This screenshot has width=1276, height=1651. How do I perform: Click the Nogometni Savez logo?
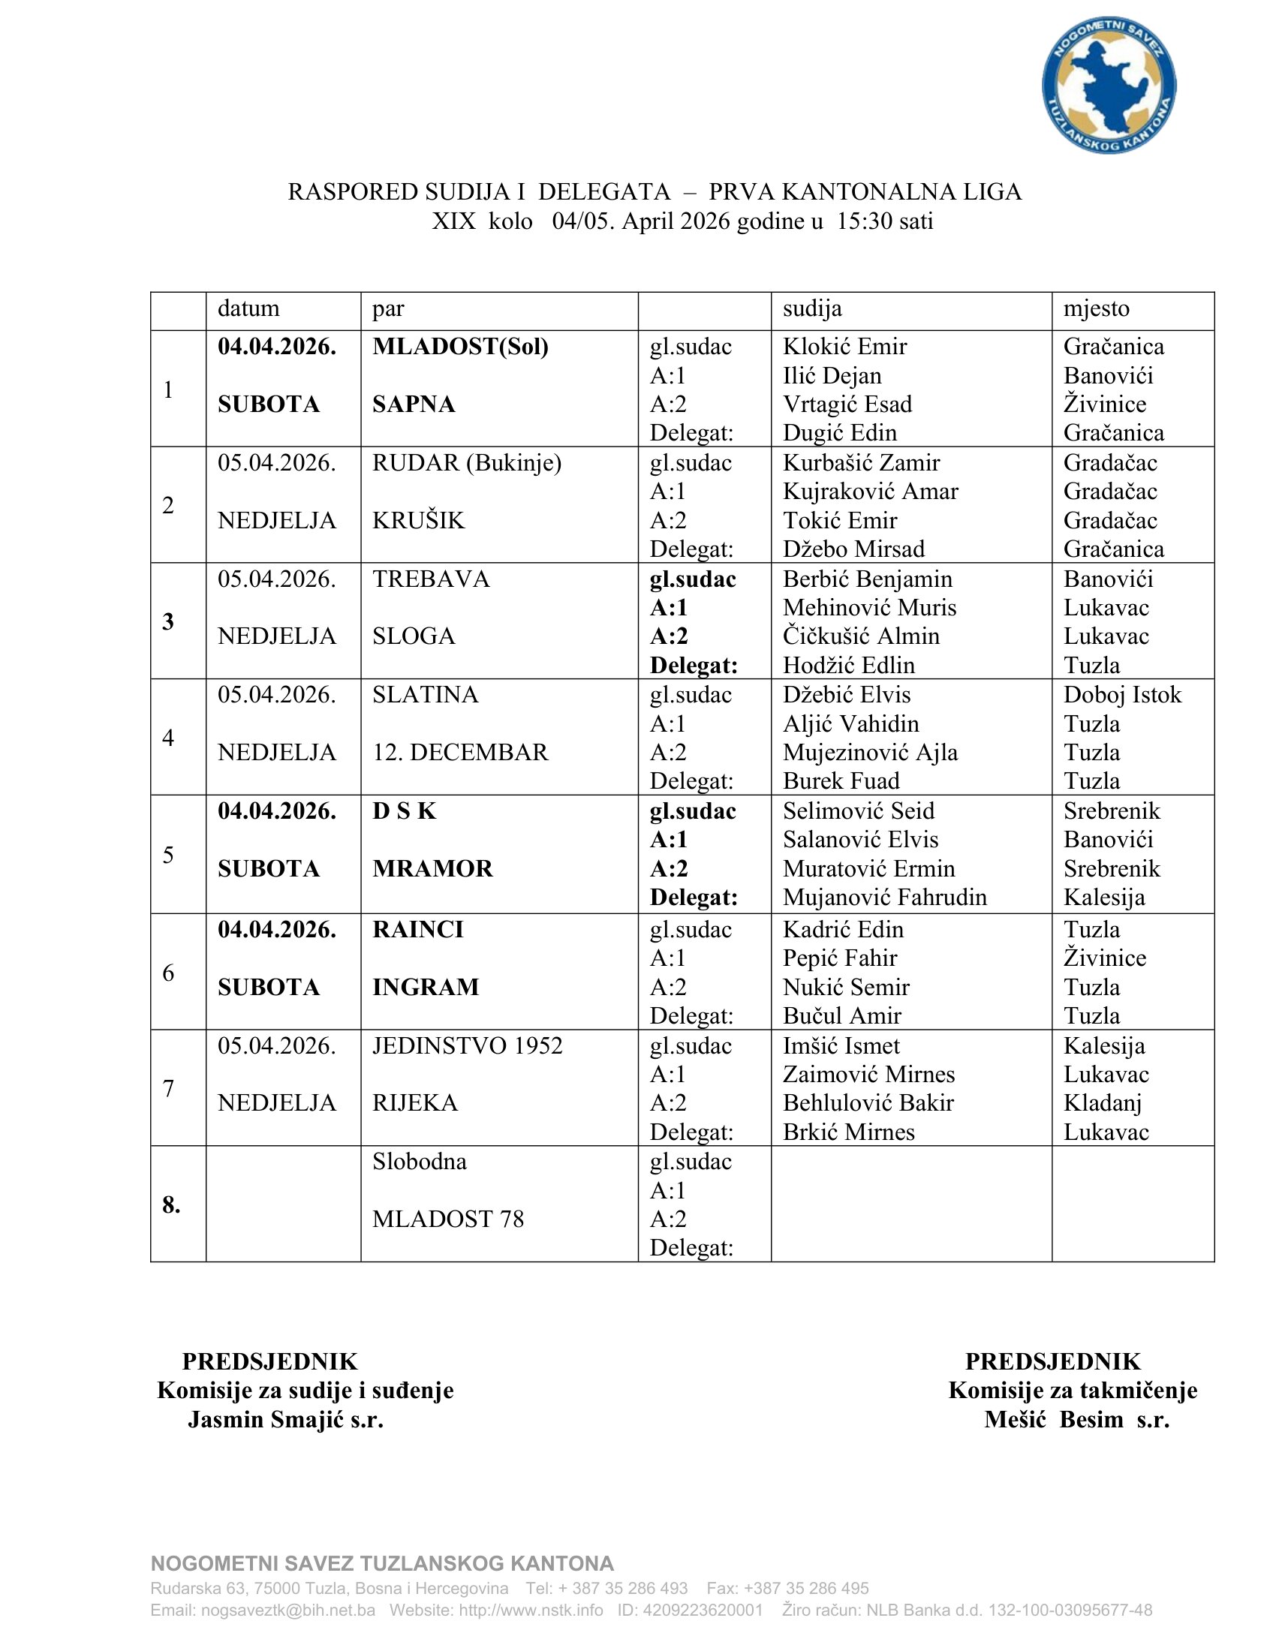click(x=1108, y=86)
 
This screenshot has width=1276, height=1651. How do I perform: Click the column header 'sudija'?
click(x=812, y=308)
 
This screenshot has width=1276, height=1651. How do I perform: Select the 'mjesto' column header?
click(x=1096, y=308)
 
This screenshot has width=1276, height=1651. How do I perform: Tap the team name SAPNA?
click(x=414, y=404)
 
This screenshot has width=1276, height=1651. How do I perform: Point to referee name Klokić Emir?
click(x=844, y=347)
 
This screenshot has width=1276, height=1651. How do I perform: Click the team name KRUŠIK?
click(x=418, y=521)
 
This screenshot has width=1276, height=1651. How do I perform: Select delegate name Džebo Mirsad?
click(x=853, y=549)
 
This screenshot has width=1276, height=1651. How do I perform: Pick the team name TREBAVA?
click(x=431, y=579)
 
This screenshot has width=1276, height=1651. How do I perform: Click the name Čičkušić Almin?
click(x=861, y=636)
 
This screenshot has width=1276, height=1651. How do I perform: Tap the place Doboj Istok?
click(x=1122, y=695)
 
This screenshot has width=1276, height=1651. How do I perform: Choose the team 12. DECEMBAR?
click(x=459, y=753)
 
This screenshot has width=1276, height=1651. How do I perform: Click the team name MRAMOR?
click(x=432, y=868)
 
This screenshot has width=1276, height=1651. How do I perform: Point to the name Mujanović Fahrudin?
click(x=884, y=898)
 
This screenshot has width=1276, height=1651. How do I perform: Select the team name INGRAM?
click(x=426, y=988)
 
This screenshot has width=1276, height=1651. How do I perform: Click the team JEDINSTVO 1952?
click(x=467, y=1046)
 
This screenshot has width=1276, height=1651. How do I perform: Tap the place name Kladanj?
click(x=1102, y=1104)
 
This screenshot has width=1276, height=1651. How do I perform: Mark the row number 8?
click(x=172, y=1205)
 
